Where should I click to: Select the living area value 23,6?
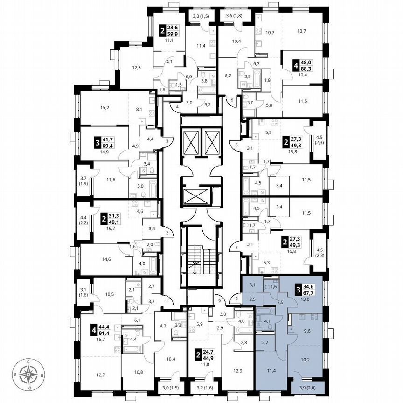tap(173, 27)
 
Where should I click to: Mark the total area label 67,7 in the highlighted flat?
tap(306, 294)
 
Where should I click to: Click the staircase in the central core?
tap(199, 257)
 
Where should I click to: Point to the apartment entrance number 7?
tap(236, 247)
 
